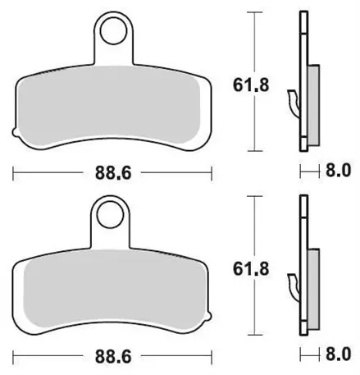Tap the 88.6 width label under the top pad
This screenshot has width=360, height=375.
click(111, 171)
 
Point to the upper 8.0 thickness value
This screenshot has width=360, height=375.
click(339, 171)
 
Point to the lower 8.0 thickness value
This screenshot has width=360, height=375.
click(339, 354)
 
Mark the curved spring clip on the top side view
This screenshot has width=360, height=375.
click(293, 101)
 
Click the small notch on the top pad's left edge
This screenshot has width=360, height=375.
click(13, 130)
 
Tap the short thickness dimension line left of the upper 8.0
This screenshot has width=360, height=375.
click(309, 171)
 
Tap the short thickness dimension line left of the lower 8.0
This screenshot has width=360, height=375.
click(309, 354)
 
